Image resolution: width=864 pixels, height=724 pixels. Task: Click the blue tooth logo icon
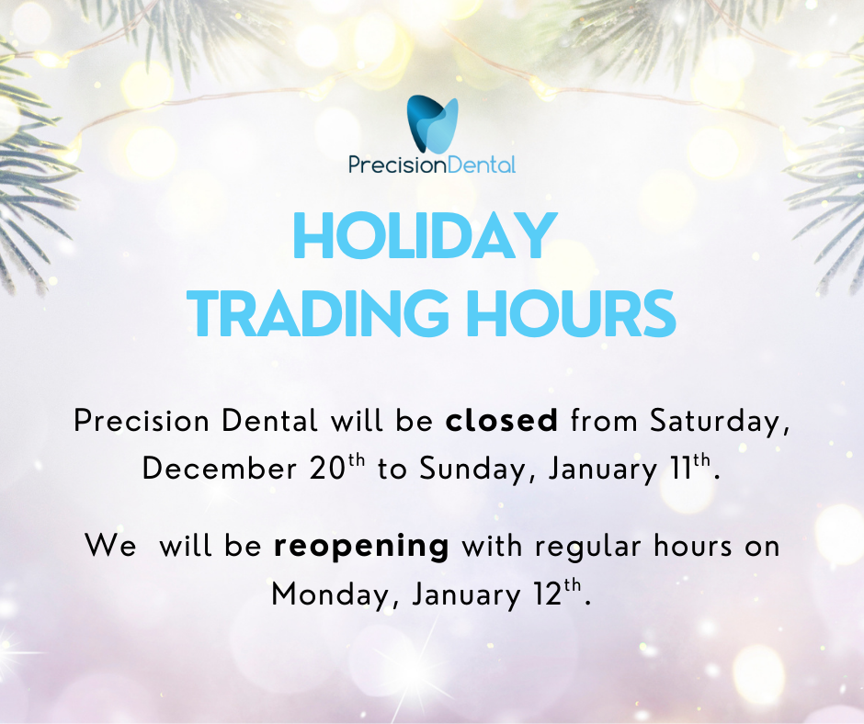point(432,125)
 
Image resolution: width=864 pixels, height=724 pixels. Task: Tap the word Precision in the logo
point(391,164)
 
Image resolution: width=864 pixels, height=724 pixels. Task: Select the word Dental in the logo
point(475,164)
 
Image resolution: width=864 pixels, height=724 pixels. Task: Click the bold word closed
point(502,421)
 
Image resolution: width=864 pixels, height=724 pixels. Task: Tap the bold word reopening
point(361,547)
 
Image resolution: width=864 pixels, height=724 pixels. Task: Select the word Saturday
point(720,422)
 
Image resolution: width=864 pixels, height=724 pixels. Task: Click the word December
point(220,469)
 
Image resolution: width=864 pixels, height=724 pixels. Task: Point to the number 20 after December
point(327,469)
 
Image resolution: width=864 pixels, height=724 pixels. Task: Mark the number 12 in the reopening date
point(548,594)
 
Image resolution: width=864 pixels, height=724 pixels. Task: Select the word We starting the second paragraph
point(110,546)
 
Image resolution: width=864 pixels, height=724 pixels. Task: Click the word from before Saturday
point(604,421)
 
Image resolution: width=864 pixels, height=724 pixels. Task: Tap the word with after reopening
point(492,546)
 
